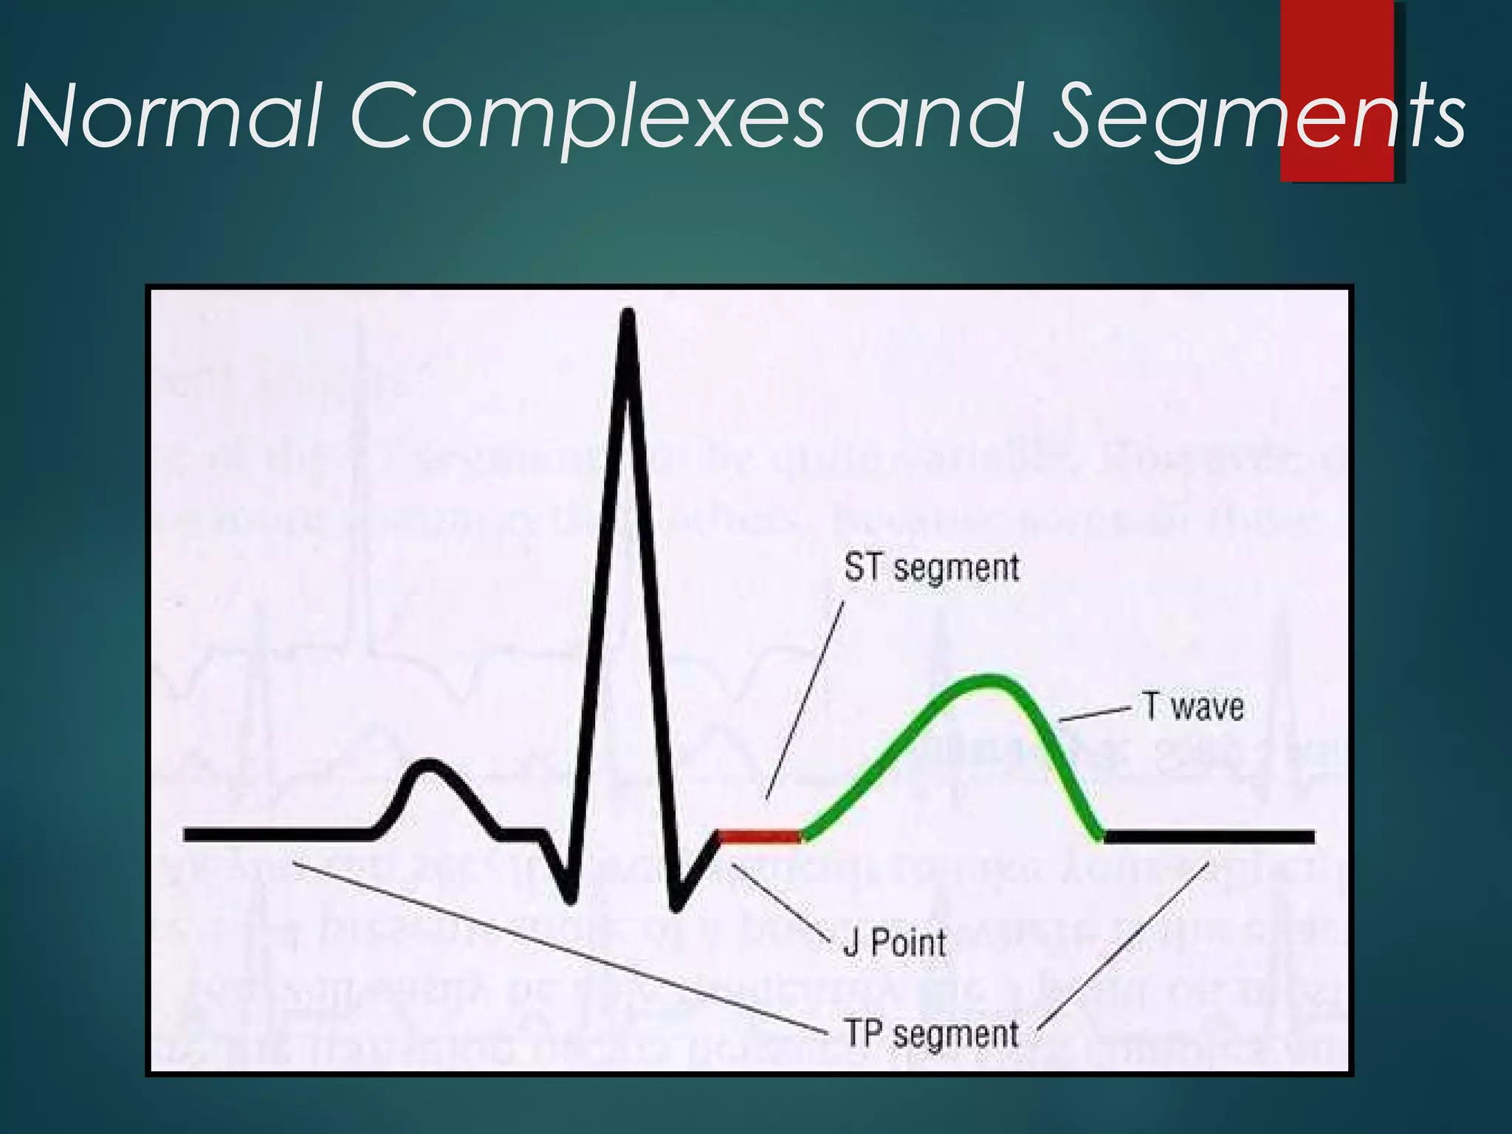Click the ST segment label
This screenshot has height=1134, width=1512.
932,568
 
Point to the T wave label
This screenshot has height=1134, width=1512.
1194,706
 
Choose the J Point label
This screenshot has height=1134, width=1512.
895,943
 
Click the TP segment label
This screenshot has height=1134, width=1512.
932,1033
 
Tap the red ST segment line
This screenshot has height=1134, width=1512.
760,836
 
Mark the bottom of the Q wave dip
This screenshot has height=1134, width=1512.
569,897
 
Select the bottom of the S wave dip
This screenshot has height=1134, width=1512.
675,904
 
